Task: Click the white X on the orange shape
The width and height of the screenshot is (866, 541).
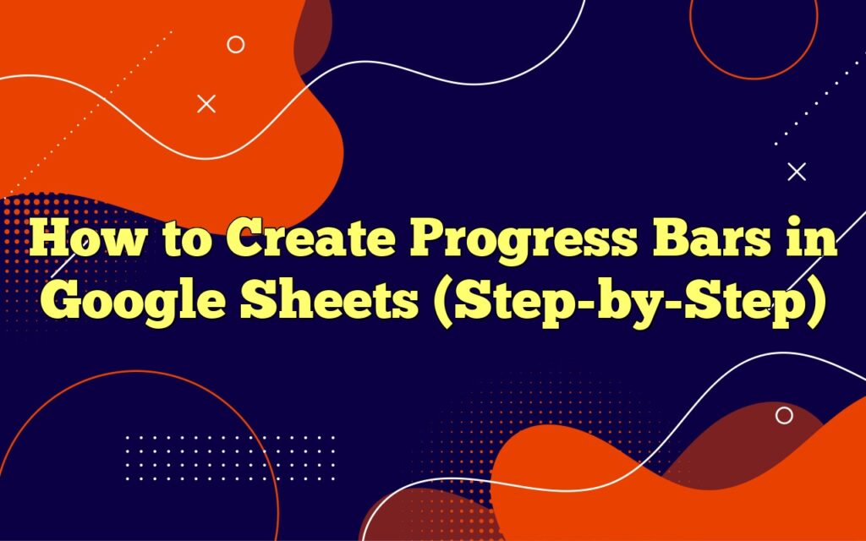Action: coord(206,104)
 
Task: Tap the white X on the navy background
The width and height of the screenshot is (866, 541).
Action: coord(796,172)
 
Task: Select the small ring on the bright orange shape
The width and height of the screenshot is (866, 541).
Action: coord(236,45)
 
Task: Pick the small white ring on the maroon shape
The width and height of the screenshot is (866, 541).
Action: coord(784,415)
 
